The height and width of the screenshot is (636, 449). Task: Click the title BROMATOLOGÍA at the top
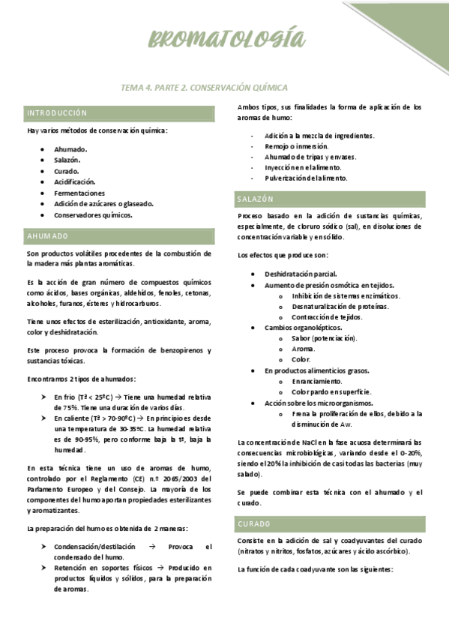coord(227,39)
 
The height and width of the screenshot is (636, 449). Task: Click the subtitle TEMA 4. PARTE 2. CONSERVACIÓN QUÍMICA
coord(204,88)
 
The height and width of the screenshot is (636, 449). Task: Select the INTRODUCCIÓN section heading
coord(57,113)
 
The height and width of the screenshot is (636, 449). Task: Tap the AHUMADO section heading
coord(48,236)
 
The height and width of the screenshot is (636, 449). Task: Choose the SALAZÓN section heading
coord(256,199)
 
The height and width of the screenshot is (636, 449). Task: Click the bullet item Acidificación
coord(74,181)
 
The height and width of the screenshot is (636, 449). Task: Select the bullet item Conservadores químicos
coord(93,214)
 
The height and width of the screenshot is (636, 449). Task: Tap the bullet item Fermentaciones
coord(79,193)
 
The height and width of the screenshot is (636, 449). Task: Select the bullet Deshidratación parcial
coord(301,274)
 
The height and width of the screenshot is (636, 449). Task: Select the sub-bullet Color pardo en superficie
coord(331,391)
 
